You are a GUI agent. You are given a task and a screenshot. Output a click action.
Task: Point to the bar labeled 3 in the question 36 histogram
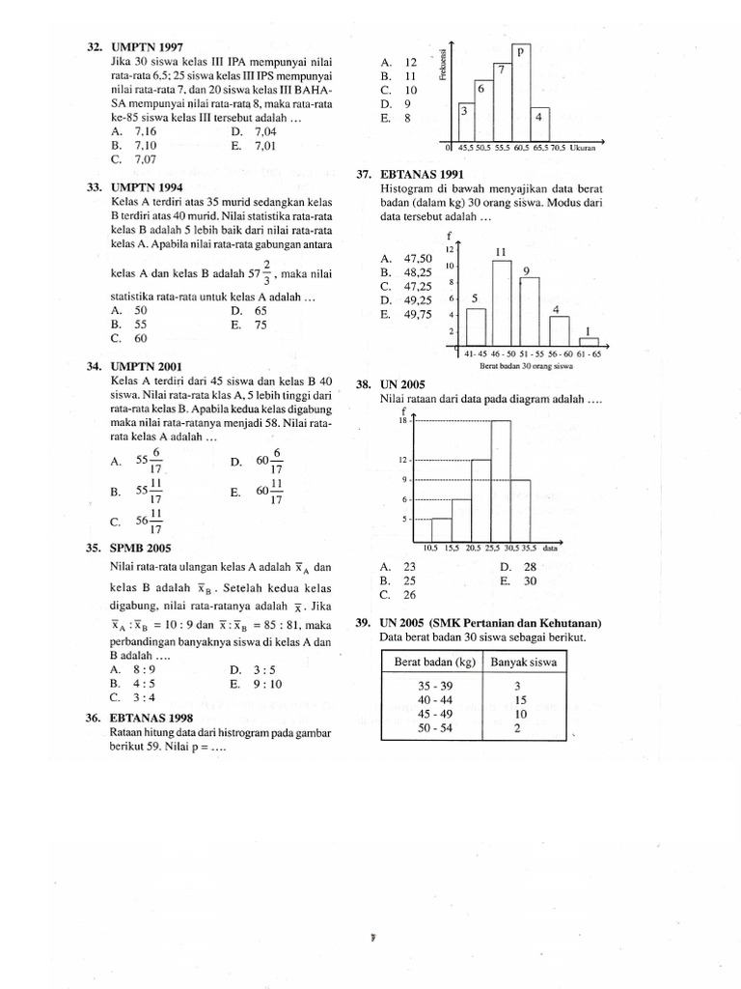point(465,123)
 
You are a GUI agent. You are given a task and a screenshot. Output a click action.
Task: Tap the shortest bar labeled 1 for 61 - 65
point(588,340)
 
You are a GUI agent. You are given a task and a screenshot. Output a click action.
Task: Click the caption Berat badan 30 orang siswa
point(526,367)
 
